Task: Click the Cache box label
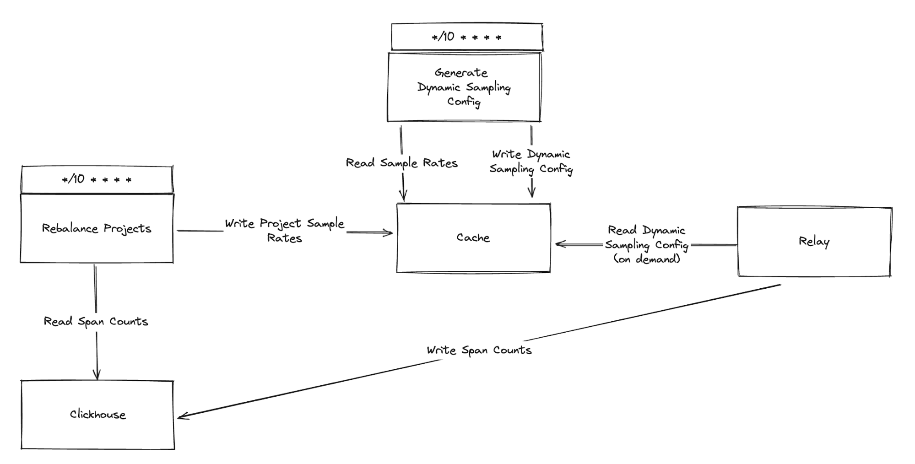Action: click(x=473, y=237)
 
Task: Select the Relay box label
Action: click(x=814, y=241)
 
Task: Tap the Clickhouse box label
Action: click(x=97, y=415)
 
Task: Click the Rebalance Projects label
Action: click(x=97, y=228)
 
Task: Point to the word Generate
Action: click(x=461, y=73)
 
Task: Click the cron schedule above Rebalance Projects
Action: click(x=97, y=179)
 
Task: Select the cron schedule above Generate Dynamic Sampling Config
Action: click(x=466, y=37)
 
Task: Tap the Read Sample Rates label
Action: click(x=401, y=163)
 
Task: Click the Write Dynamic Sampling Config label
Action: click(x=531, y=162)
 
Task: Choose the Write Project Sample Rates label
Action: click(x=284, y=230)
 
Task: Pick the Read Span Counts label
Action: click(x=96, y=321)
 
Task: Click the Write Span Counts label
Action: click(x=479, y=350)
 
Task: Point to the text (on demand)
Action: click(x=646, y=259)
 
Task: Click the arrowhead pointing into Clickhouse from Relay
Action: click(x=181, y=416)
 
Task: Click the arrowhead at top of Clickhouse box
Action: click(x=97, y=375)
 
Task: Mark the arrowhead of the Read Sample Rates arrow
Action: click(x=403, y=197)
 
